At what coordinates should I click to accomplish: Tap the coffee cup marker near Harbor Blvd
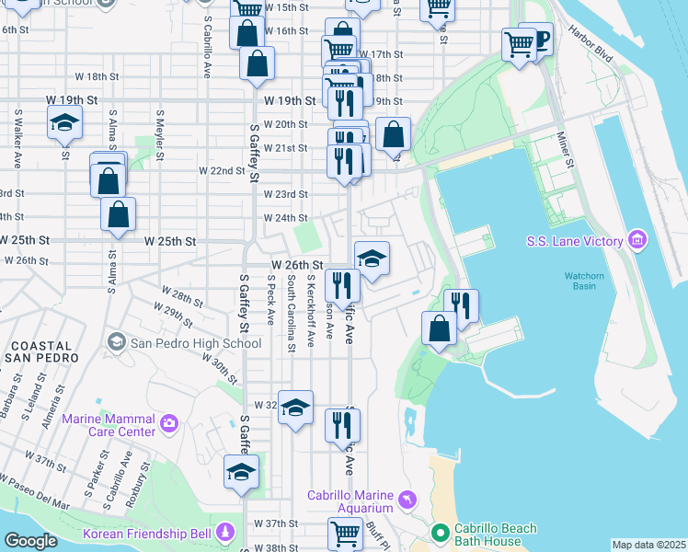(x=537, y=40)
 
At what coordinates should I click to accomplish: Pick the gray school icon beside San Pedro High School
(x=116, y=342)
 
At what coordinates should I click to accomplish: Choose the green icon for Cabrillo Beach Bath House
(x=442, y=533)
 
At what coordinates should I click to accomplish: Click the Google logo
(x=30, y=541)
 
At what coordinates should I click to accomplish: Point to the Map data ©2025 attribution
(x=648, y=545)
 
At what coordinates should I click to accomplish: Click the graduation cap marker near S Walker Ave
(x=63, y=124)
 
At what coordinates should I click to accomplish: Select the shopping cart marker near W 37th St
(x=345, y=533)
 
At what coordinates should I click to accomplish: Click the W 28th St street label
(x=178, y=299)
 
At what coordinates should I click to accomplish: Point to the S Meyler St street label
(x=160, y=128)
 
